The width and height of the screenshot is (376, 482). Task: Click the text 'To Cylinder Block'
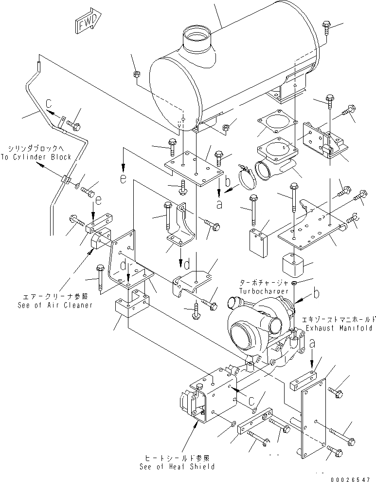point(39,157)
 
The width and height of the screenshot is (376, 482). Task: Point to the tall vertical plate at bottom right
point(312,419)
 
